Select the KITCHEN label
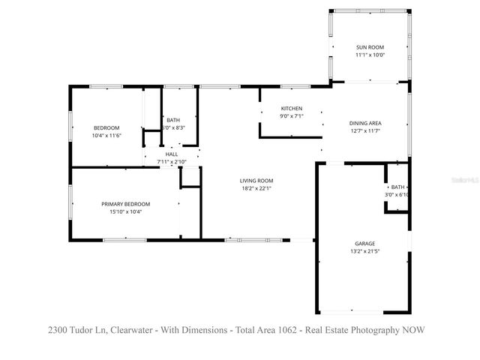pos(291,108)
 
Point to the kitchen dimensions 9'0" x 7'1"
pos(291,116)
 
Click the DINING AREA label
pos(365,123)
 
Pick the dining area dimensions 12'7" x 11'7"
pos(365,131)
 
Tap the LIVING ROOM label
pos(256,180)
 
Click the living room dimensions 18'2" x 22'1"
pos(256,188)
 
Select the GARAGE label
pos(365,243)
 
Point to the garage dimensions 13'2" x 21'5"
pos(365,251)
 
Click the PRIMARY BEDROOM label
pos(126,204)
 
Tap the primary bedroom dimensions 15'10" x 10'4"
pos(126,212)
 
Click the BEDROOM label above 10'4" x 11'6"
pos(106,127)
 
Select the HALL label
pos(172,154)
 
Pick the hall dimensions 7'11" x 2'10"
pos(172,162)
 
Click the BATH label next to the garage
pos(397,187)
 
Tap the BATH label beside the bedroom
pos(173,120)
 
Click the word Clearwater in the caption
pos(141,329)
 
